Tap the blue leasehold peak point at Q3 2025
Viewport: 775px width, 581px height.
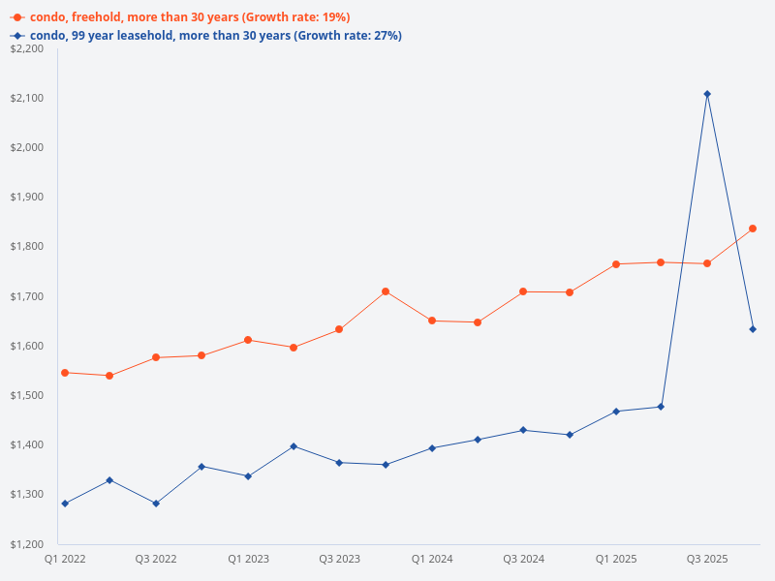(707, 94)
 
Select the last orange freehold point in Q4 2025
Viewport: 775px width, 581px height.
(753, 229)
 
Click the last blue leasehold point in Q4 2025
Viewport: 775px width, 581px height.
(753, 329)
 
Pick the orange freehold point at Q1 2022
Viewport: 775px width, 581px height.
(64, 373)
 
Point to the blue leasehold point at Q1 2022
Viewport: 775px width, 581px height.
(64, 504)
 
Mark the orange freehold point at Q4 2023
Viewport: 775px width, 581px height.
(386, 291)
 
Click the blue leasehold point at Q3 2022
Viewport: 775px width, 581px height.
(156, 504)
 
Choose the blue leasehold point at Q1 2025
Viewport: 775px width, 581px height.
(615, 412)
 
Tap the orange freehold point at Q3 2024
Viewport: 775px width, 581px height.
(523, 291)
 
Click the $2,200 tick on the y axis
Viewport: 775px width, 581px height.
(26, 48)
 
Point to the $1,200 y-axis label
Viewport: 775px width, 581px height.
(26, 544)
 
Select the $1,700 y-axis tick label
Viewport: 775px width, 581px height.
(26, 296)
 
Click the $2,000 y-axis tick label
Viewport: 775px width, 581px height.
(26, 147)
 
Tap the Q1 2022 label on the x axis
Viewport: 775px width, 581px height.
(64, 560)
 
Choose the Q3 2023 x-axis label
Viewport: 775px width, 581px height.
(340, 560)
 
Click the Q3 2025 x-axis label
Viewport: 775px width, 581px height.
(707, 560)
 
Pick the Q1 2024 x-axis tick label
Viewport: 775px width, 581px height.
(432, 560)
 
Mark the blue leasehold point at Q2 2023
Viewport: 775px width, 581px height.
(294, 446)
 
